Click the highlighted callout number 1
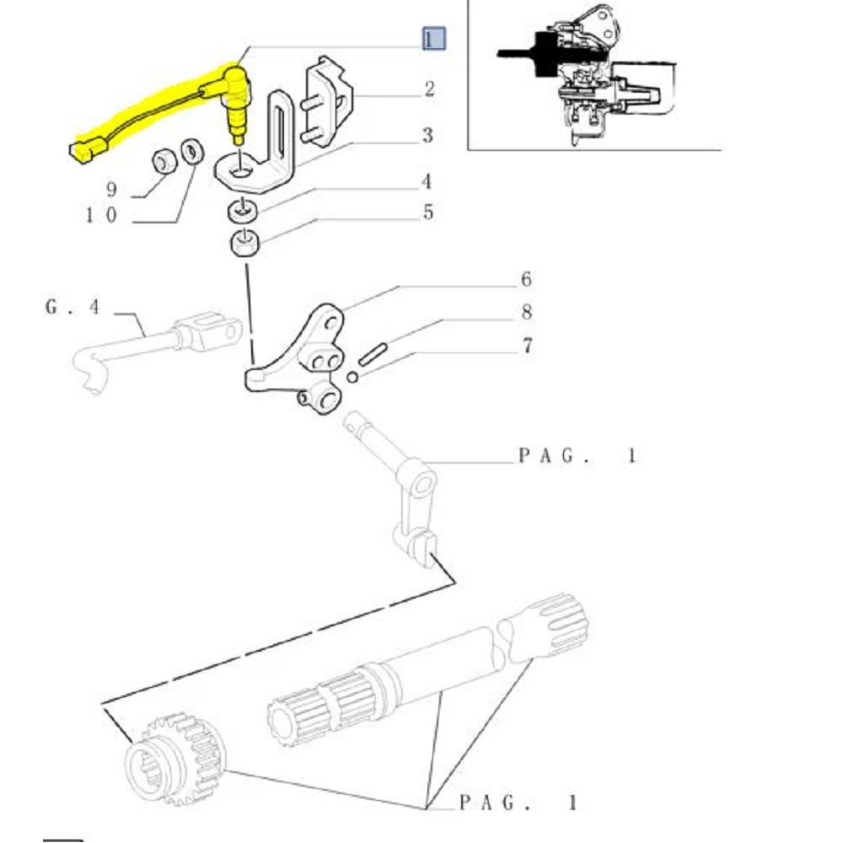coord(433,39)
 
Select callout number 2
coord(429,89)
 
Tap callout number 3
coord(427,135)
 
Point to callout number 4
coord(427,182)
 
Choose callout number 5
coord(428,212)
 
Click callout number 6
coord(526,279)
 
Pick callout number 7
coord(528,345)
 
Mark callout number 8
coord(527,312)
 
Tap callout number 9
coord(111,189)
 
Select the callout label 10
coord(101,216)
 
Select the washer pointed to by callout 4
coord(243,210)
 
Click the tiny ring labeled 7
coord(352,377)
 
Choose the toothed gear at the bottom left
coord(175,758)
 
